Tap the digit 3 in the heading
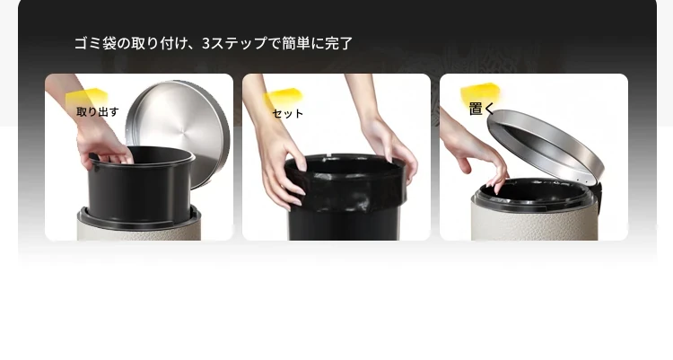(x=206, y=43)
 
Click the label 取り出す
(x=98, y=111)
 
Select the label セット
(x=287, y=113)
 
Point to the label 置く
(x=482, y=109)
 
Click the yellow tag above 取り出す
(x=87, y=97)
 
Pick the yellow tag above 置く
(x=480, y=92)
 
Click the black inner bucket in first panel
(x=139, y=185)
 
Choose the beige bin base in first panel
(x=139, y=231)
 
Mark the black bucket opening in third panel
(x=535, y=191)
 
